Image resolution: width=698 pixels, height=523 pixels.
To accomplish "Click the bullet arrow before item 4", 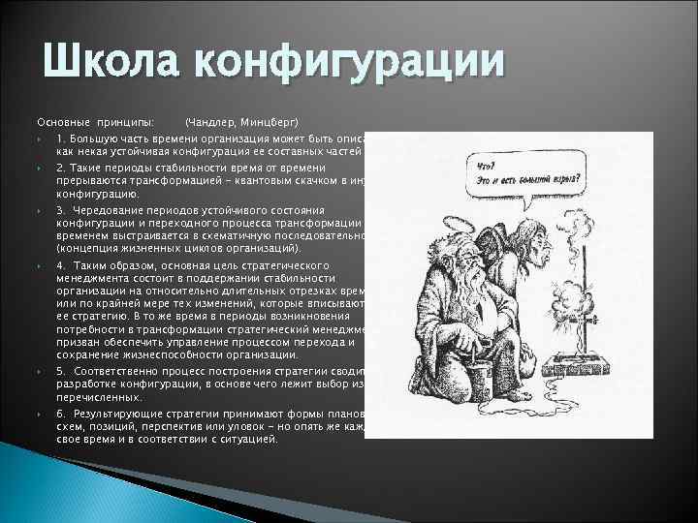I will (39, 265).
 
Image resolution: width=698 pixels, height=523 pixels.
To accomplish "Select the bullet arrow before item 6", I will (39, 414).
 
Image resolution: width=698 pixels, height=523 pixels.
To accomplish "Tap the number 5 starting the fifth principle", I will (59, 371).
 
